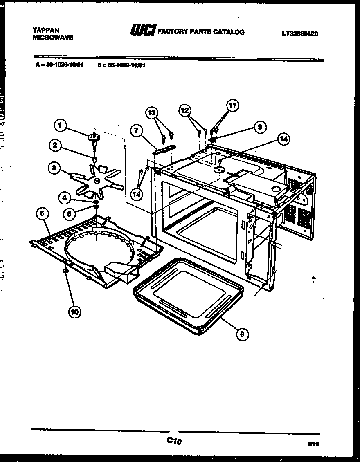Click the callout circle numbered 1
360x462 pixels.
tap(60, 126)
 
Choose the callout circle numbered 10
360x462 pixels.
tap(74, 312)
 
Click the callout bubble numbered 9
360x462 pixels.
tap(259, 127)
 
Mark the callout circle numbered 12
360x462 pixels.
tap(185, 110)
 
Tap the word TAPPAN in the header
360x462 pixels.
tap(46, 30)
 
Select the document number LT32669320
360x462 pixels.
tap(299, 34)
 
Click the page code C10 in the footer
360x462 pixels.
tap(173, 441)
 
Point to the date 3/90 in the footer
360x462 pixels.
tap(313, 443)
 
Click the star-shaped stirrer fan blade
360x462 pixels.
tap(97, 181)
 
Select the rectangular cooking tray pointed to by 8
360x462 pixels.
tap(188, 294)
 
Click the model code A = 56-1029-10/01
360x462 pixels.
tap(59, 65)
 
